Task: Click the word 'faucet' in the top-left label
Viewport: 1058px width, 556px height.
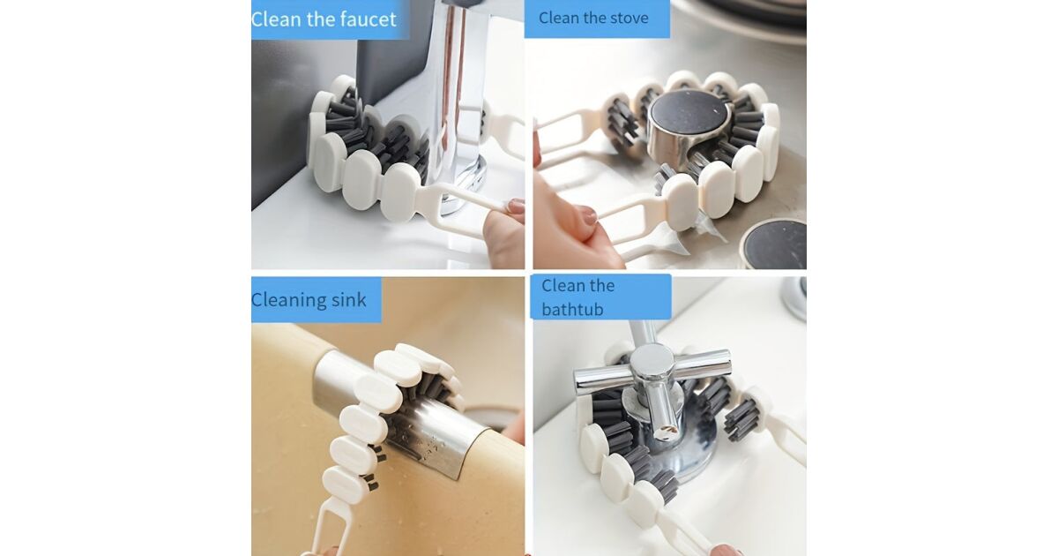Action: tap(369, 19)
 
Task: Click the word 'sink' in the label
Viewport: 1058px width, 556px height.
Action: tap(348, 300)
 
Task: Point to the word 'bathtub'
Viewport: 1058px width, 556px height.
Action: tap(572, 310)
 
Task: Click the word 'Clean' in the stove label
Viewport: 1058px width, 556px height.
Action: tap(558, 19)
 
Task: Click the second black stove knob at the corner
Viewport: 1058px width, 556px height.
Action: tap(775, 245)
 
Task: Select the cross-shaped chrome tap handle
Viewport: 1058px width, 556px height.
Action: tap(652, 379)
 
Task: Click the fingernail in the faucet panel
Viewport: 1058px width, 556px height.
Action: tap(516, 207)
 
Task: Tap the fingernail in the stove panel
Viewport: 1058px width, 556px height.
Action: tap(589, 216)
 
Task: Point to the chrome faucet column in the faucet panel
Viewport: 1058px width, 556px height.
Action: tap(456, 94)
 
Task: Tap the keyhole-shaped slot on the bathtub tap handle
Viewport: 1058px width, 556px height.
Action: tap(667, 430)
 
